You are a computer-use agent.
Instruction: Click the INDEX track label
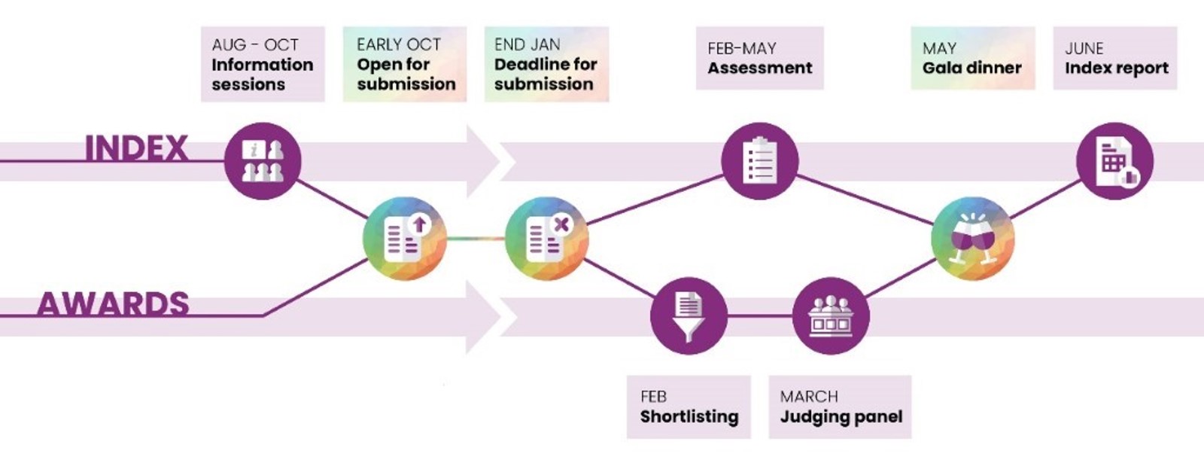[x=136, y=148]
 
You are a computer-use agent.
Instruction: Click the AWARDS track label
[x=113, y=304]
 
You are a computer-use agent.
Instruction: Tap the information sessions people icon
[x=263, y=161]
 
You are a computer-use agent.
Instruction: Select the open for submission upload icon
[x=405, y=239]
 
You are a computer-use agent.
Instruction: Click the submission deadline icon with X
[x=546, y=239]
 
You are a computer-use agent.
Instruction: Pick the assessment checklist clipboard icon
[x=759, y=161]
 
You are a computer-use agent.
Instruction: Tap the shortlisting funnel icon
[x=689, y=315]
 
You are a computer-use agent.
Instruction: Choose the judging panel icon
[x=831, y=315]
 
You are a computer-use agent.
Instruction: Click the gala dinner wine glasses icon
[x=972, y=239]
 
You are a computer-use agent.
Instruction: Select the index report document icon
[x=1114, y=161]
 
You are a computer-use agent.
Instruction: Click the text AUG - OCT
[x=255, y=45]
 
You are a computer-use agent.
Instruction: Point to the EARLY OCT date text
[x=399, y=45]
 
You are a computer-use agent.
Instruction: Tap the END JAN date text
[x=527, y=45]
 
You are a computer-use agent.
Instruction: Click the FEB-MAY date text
[x=742, y=49]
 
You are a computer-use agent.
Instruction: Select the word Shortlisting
[x=689, y=416]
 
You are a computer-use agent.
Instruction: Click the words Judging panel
[x=841, y=416]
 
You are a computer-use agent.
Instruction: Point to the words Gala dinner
[x=972, y=68]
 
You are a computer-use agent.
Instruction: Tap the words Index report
[x=1117, y=68]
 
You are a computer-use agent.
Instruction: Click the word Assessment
[x=760, y=68]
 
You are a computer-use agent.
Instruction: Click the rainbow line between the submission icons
[x=476, y=239]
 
